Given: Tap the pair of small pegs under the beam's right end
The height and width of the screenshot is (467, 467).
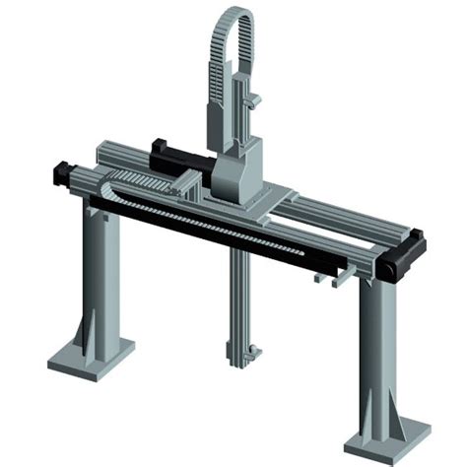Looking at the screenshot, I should coord(331,279).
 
